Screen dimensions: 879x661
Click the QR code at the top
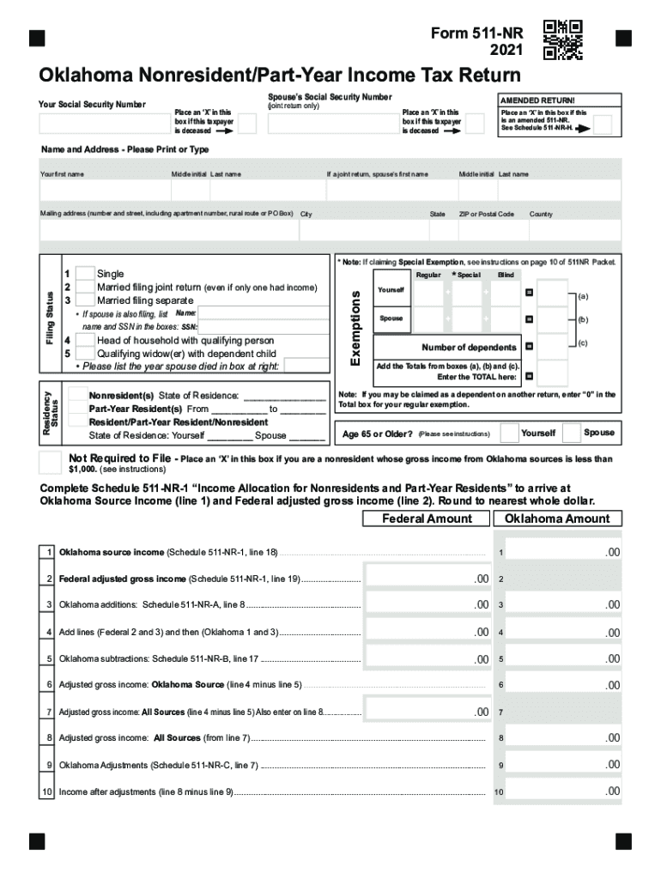click(x=563, y=39)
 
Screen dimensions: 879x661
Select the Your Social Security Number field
click(x=104, y=124)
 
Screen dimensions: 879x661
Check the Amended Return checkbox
click(x=603, y=125)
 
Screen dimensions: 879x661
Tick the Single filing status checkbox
click(x=85, y=274)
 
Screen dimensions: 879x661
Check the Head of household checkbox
click(x=85, y=341)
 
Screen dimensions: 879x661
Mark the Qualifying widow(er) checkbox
click(x=85, y=354)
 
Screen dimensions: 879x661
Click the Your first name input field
click(x=103, y=190)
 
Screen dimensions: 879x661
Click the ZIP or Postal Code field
click(x=489, y=229)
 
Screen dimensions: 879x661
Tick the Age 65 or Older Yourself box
click(x=509, y=433)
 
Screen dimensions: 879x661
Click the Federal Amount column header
click(x=427, y=518)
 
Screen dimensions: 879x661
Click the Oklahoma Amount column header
click(x=557, y=518)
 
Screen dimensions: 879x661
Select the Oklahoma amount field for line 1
click(x=567, y=552)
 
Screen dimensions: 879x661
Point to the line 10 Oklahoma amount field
click(x=567, y=791)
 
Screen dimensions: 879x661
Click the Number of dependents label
click(x=469, y=347)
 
